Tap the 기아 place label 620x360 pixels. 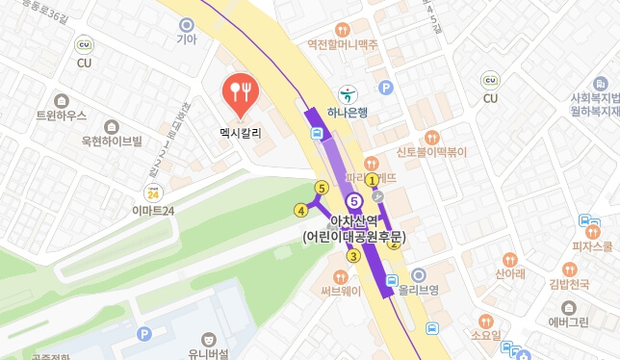186,39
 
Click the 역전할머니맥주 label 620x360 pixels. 342,43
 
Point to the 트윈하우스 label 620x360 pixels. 61,116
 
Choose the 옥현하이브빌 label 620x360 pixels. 112,141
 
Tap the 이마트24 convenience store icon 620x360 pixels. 152,192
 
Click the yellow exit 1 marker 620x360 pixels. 372,179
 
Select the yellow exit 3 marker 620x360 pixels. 354,255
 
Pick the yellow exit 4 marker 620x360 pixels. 301,209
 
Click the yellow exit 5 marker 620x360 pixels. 322,188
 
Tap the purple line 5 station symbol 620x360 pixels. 354,200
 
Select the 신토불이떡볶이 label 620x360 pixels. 431,152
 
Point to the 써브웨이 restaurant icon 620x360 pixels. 340,276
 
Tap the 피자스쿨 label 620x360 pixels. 593,245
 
